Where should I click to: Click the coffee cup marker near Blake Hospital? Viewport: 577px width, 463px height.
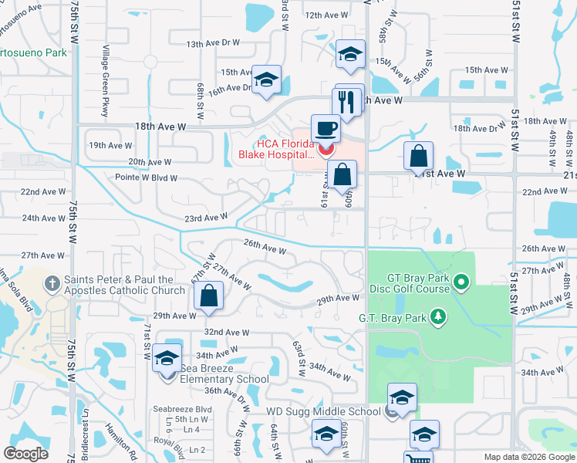(x=325, y=128)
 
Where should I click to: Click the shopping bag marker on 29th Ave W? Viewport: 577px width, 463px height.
(x=209, y=296)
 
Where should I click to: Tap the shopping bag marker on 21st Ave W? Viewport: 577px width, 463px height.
(x=417, y=157)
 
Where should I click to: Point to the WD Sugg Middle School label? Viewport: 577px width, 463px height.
(x=324, y=411)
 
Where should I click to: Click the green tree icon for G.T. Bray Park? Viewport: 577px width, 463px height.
(x=438, y=316)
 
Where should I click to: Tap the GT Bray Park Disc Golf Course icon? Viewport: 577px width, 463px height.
(x=461, y=282)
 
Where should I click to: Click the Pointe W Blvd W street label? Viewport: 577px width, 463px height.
(x=146, y=177)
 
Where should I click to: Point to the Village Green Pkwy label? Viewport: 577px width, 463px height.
(x=103, y=81)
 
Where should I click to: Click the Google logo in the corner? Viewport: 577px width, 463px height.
(x=26, y=453)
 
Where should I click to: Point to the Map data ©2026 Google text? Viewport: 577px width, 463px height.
(x=528, y=457)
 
